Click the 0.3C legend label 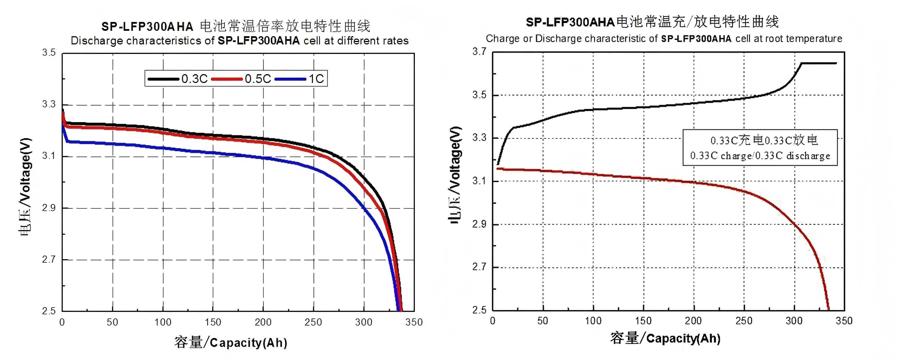[194, 79]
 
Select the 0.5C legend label [258, 79]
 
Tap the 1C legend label [316, 79]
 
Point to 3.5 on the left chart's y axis [49, 52]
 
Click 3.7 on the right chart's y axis [479, 51]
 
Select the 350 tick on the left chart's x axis [414, 322]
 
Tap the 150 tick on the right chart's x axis [643, 321]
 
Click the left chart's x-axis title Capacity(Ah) [249, 343]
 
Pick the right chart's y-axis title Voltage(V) [455, 159]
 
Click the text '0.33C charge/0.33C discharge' [760, 156]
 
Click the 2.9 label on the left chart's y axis [49, 208]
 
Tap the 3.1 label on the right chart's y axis [479, 181]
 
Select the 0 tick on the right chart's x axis [493, 321]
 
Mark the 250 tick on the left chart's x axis [313, 322]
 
